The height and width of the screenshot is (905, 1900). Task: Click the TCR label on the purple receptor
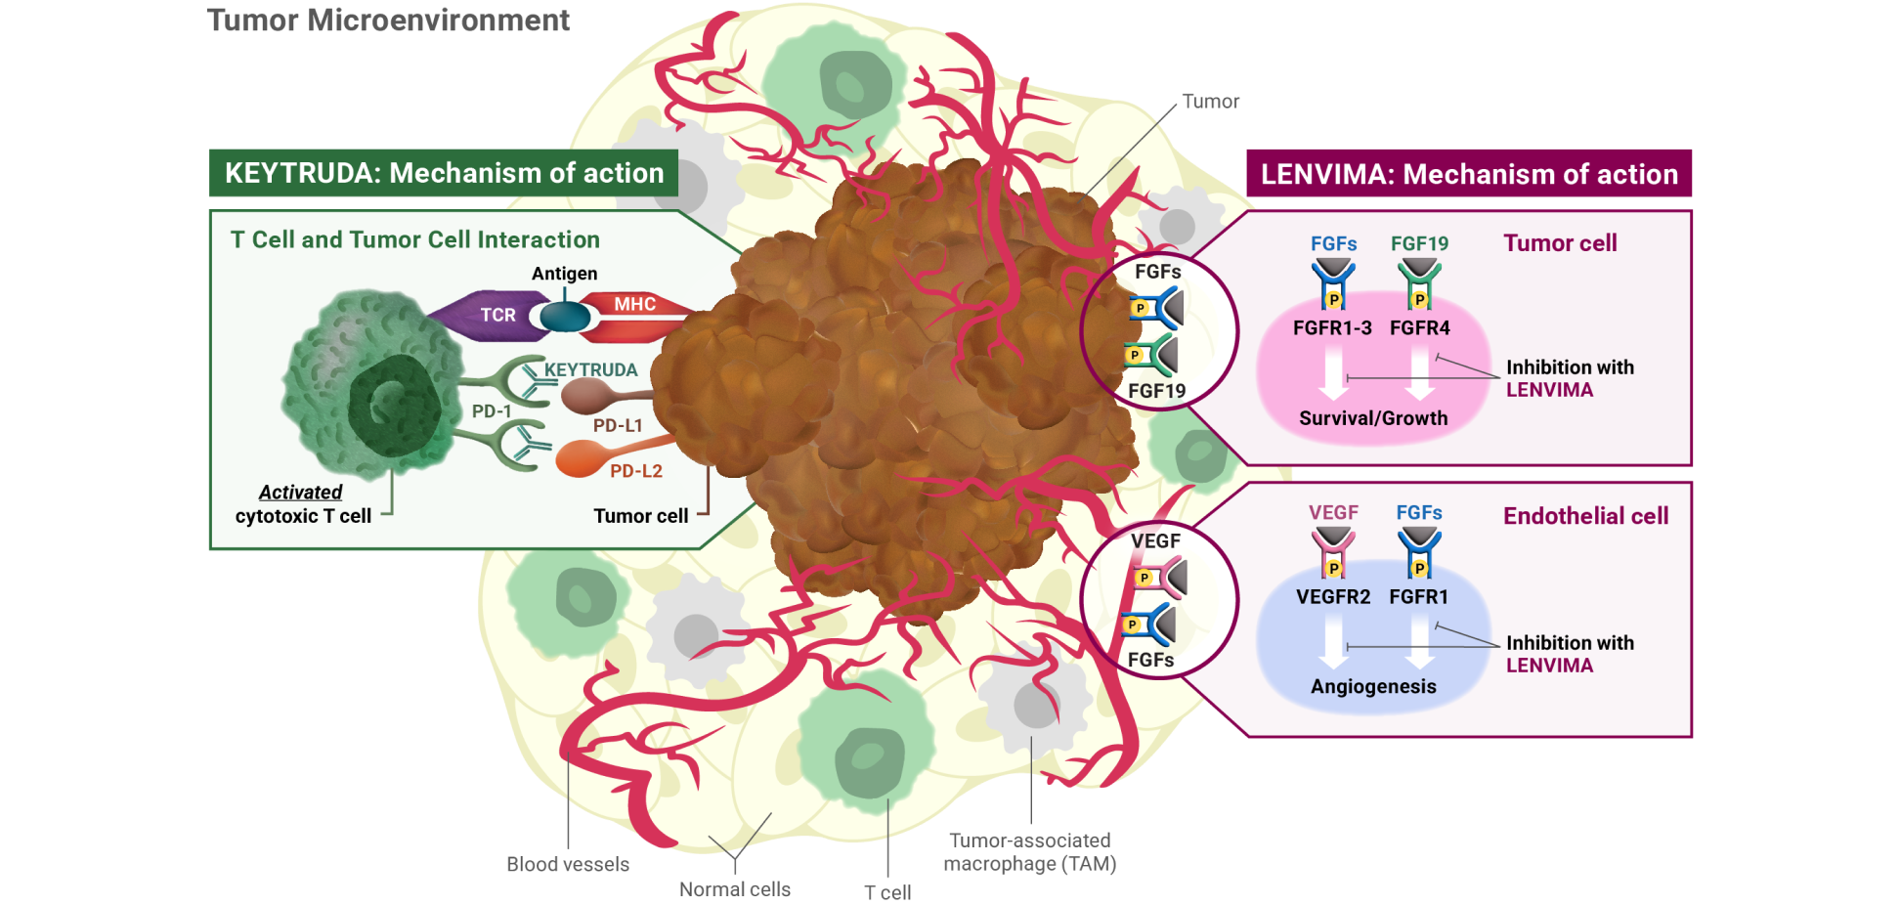tap(497, 315)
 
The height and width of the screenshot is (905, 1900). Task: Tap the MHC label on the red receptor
tap(634, 304)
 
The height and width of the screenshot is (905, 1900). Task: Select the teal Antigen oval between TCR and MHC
tap(565, 317)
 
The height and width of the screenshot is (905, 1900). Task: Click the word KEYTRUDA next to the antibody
tap(590, 369)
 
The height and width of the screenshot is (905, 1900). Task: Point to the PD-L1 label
tap(618, 425)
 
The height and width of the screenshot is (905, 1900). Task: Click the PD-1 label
tap(492, 411)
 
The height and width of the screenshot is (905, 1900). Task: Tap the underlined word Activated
tap(300, 493)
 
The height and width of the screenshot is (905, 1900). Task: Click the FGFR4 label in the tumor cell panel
tap(1419, 328)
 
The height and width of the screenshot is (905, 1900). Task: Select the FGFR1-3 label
tap(1332, 328)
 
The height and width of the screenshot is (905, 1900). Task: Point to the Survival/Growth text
tap(1373, 418)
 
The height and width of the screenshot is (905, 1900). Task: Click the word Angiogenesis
tap(1373, 686)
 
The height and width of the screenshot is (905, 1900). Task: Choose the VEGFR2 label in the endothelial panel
tap(1333, 596)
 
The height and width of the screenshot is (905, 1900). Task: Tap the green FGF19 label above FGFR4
tap(1419, 243)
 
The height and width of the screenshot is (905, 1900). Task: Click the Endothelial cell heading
tap(1585, 516)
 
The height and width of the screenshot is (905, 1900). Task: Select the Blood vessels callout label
tap(568, 864)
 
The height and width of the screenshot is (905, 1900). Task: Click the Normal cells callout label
tap(735, 889)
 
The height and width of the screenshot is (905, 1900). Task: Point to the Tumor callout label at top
tap(1210, 102)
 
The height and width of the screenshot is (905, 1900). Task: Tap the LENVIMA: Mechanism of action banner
tap(1469, 174)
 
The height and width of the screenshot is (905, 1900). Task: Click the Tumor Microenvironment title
tap(388, 21)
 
